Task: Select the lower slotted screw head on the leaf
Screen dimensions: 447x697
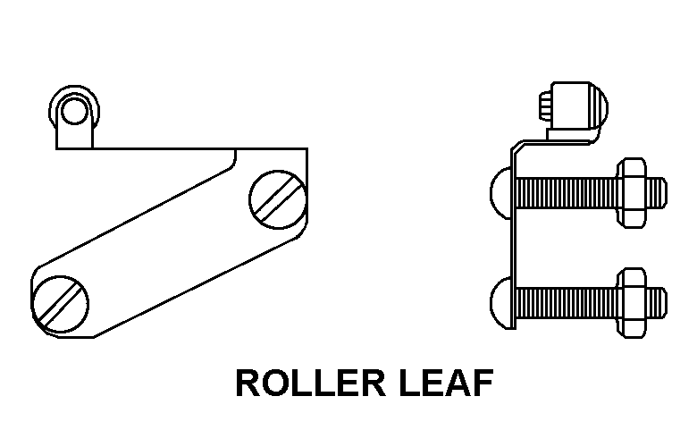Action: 62,305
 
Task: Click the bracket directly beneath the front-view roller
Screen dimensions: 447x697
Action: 75,136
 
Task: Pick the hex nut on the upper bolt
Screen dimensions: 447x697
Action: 632,191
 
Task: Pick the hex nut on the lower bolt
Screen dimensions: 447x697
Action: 632,299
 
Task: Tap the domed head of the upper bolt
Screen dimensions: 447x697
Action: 500,190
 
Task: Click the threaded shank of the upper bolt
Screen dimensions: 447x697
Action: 563,191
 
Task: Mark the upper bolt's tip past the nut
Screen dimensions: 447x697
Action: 657,191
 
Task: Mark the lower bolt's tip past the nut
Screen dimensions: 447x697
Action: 657,299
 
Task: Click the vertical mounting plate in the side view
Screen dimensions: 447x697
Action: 513,241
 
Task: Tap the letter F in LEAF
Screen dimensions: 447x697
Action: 480,384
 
